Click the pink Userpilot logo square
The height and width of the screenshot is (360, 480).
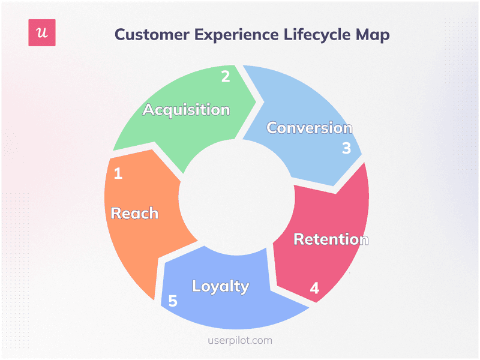42,33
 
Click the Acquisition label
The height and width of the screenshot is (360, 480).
186,110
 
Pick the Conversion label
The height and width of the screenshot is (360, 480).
309,128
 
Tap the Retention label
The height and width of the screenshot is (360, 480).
331,239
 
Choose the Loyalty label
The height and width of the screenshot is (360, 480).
220,286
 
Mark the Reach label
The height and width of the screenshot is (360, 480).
135,213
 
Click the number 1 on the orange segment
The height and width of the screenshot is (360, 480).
118,174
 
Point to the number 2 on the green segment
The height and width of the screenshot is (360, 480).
226,77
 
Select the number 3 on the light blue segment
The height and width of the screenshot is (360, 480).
346,148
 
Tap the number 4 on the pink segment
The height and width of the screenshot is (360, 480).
314,289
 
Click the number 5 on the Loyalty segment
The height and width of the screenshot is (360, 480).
173,301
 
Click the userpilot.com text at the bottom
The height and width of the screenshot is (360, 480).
239,340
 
